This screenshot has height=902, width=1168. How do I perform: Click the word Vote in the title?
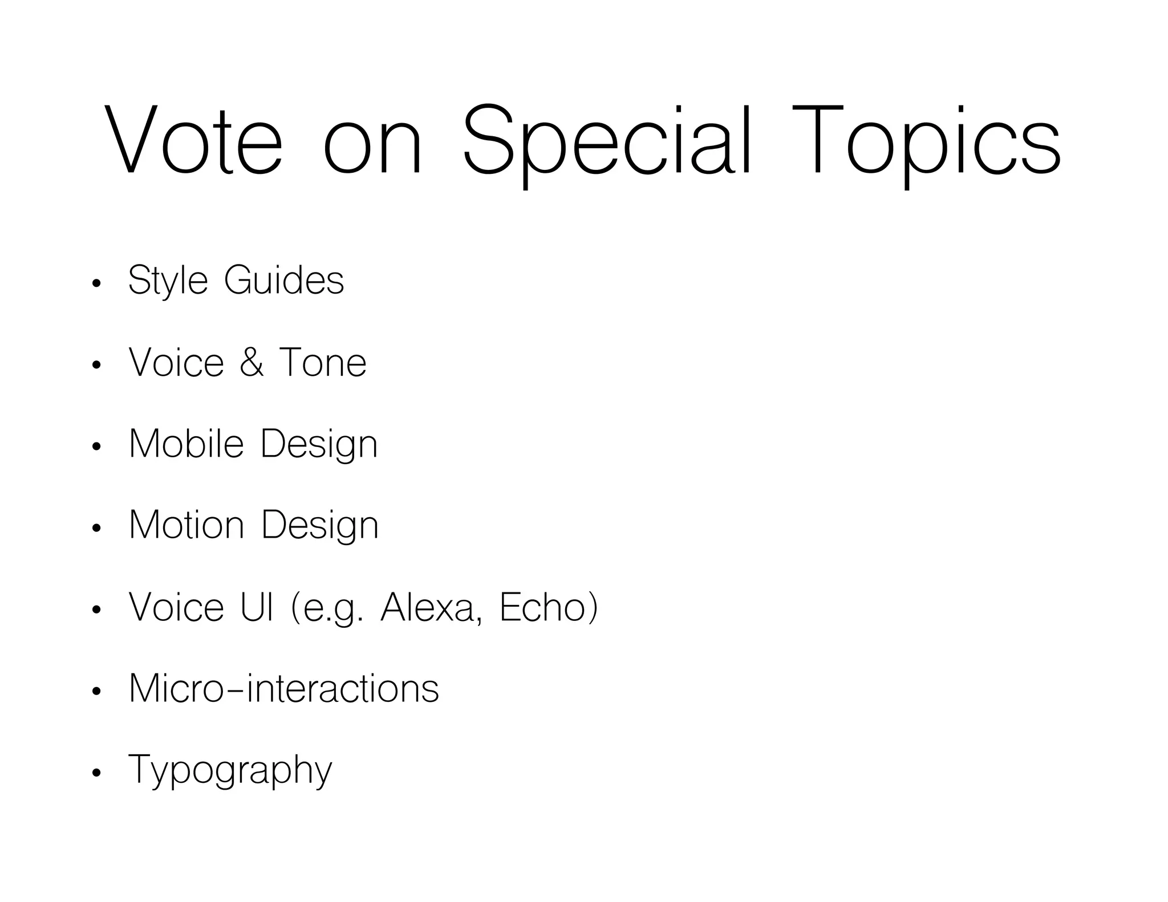click(x=193, y=140)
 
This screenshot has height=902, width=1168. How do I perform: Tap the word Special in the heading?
click(x=607, y=140)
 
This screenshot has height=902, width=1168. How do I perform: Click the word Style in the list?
click(x=168, y=281)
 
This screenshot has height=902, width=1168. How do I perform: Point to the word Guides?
click(x=284, y=281)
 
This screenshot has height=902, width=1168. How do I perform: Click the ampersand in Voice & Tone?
click(x=252, y=363)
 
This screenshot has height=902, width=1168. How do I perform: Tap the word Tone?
click(x=322, y=363)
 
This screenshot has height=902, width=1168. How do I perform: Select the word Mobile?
click(x=186, y=444)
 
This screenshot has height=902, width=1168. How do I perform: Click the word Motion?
click(x=186, y=525)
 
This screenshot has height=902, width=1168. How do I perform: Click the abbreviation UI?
click(x=257, y=607)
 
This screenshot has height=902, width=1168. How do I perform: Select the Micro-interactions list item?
click(x=284, y=688)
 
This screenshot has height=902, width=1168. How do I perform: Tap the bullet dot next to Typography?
click(x=96, y=773)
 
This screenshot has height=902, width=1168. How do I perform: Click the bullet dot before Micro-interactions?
click(x=96, y=692)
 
